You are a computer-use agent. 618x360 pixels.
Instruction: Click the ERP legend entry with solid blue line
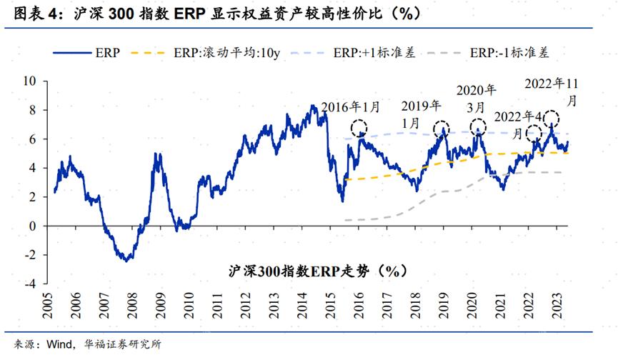tap(86, 52)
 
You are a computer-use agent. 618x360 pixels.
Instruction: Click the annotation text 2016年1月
tap(351, 107)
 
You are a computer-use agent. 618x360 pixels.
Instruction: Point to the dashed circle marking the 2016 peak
tap(358, 129)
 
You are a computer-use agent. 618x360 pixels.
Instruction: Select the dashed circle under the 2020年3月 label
tap(477, 127)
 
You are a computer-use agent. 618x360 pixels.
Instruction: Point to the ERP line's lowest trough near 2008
tap(126, 261)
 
